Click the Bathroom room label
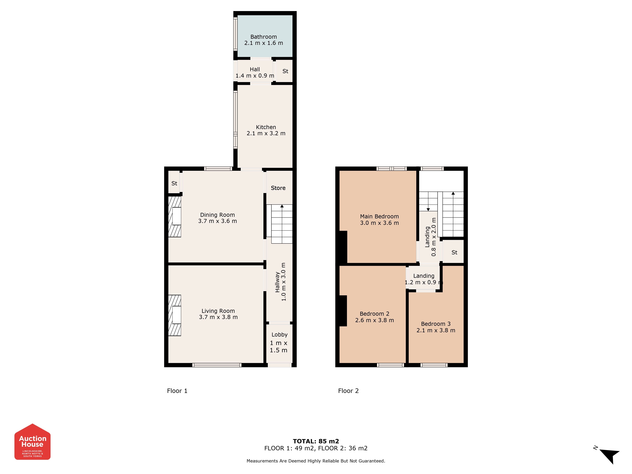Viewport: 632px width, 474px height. coord(263,37)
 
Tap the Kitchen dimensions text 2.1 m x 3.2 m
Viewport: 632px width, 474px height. coord(266,133)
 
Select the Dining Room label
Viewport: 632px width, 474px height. coord(217,215)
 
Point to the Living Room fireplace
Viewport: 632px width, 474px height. coord(175,315)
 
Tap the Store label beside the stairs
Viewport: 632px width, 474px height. coord(278,188)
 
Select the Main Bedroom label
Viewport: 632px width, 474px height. coord(379,217)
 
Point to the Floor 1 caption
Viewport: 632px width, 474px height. coord(177,391)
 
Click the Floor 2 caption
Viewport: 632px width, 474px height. coord(348,391)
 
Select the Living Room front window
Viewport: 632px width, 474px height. coord(217,365)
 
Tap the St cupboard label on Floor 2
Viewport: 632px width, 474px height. coord(454,253)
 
